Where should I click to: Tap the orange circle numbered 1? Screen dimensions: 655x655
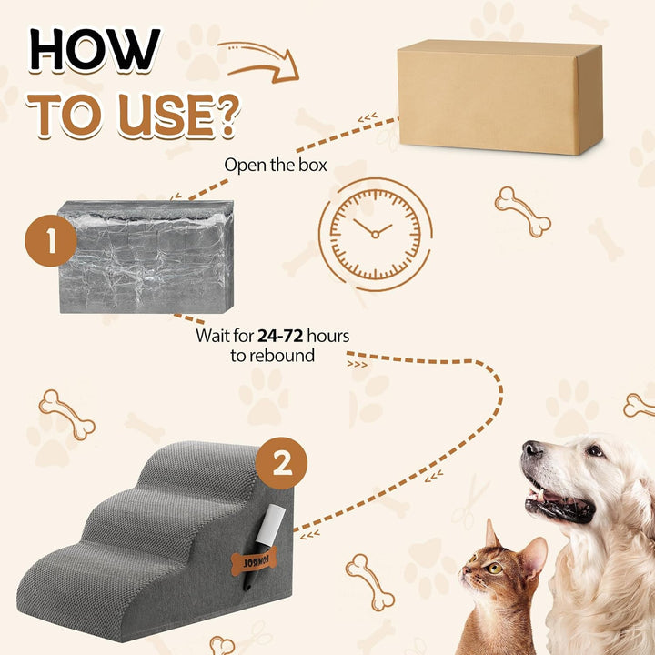(x=50, y=241)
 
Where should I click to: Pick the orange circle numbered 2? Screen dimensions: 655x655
(x=283, y=465)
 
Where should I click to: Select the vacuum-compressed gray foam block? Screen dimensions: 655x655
(x=146, y=257)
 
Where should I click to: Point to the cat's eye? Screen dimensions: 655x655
(x=495, y=568)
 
